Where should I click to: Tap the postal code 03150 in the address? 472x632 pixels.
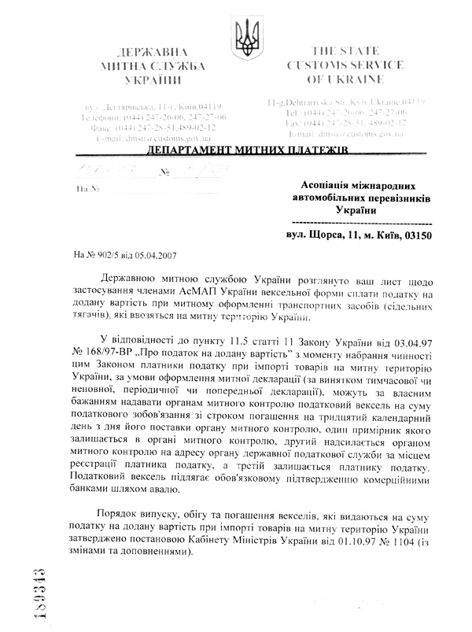(415, 235)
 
